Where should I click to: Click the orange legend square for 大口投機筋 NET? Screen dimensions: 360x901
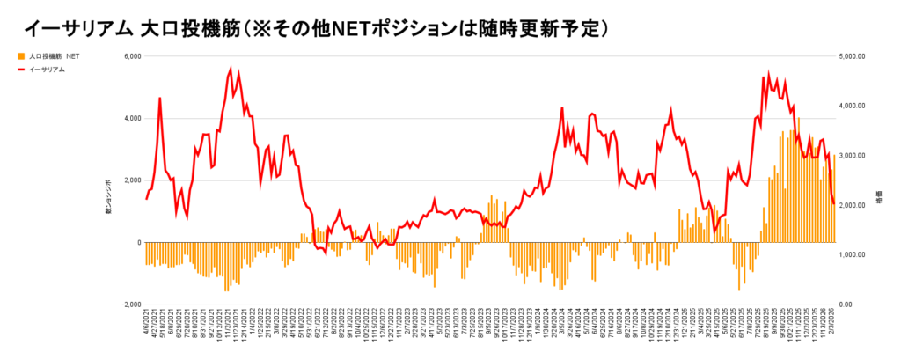click(x=20, y=56)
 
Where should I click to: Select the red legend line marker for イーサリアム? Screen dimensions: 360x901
click(x=20, y=69)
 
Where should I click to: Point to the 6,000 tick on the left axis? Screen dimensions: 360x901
click(x=130, y=56)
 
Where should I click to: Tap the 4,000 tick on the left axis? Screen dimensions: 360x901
click(x=130, y=118)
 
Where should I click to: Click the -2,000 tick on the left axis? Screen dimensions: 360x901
click(x=129, y=305)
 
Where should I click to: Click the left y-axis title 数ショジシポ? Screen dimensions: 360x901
click(x=108, y=195)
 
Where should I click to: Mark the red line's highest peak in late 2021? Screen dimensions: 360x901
click(x=231, y=68)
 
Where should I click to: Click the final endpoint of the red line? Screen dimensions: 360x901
click(x=834, y=204)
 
